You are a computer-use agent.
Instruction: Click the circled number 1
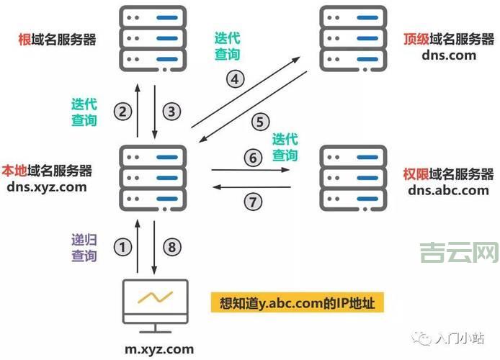[x=124, y=247]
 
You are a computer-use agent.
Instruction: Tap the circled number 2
[x=124, y=112]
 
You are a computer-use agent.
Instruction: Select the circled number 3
[x=171, y=112]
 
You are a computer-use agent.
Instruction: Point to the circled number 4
[x=235, y=79]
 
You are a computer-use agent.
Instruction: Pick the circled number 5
[x=260, y=122]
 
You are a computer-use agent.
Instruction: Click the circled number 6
[x=251, y=157]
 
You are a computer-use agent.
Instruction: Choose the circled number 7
[x=251, y=202]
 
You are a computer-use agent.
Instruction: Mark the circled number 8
[x=171, y=247]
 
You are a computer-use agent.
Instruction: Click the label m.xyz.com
[x=159, y=349]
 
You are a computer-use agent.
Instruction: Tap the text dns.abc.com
[x=448, y=190]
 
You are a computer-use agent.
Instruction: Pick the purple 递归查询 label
[x=84, y=247]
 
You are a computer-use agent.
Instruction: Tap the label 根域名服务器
[x=57, y=39]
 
